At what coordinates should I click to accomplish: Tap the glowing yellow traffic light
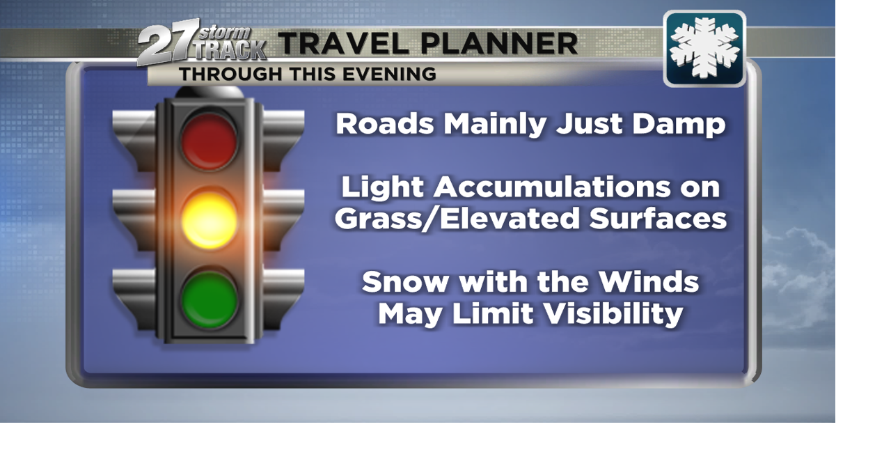pos(209,220)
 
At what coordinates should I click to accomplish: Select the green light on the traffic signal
pos(209,299)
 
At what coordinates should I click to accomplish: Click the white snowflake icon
pos(704,48)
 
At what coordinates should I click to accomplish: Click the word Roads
pos(385,125)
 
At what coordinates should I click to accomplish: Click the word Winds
pos(649,283)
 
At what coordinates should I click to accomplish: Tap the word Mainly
pos(496,125)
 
